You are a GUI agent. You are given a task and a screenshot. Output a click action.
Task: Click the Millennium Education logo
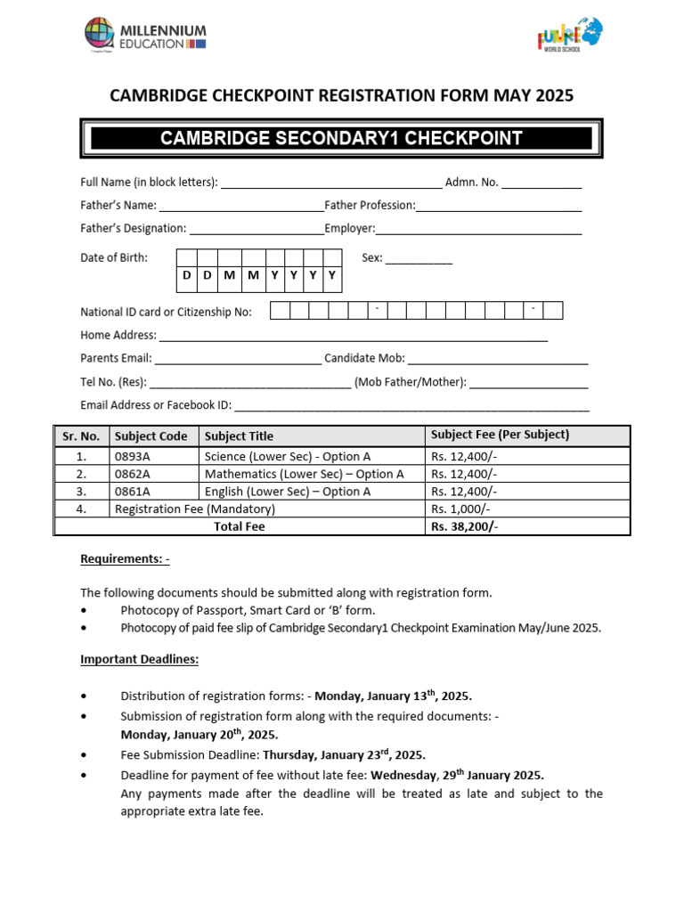[145, 36]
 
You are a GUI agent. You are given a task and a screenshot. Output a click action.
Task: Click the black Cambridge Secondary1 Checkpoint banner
[341, 138]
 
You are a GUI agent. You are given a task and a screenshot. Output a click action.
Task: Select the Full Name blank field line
[330, 185]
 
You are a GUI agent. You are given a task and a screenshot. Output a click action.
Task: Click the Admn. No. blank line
[541, 185]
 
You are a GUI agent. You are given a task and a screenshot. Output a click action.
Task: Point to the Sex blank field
[419, 261]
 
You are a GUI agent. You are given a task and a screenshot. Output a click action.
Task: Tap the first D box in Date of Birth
[186, 276]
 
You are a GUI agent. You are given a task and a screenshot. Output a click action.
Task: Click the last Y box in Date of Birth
[331, 276]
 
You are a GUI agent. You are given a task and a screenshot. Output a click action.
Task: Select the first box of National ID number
[280, 311]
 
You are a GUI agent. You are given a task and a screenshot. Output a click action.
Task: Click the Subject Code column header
[151, 436]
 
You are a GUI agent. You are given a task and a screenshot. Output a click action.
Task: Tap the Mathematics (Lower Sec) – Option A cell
[304, 474]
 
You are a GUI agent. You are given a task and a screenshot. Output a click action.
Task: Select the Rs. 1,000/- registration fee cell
[460, 509]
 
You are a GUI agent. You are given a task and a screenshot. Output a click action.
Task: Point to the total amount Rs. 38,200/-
[464, 526]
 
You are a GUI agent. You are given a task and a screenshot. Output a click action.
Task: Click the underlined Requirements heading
[125, 559]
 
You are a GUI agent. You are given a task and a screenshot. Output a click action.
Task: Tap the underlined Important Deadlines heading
[140, 660]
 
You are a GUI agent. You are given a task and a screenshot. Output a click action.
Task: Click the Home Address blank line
[353, 338]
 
